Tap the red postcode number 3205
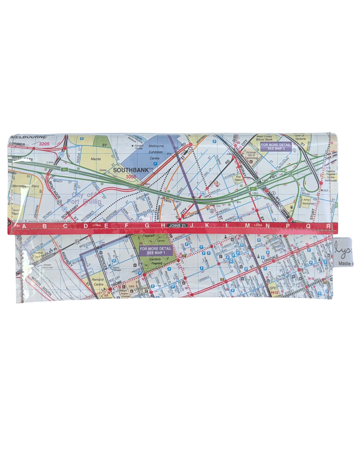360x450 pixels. (x=44, y=144)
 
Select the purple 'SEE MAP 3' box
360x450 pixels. (x=276, y=147)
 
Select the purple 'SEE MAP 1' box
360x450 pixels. (x=156, y=251)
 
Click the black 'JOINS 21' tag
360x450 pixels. (x=177, y=226)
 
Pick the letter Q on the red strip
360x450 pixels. (x=308, y=226)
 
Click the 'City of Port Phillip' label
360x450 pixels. (x=83, y=198)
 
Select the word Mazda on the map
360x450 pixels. (x=96, y=159)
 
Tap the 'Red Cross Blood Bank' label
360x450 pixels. (x=264, y=138)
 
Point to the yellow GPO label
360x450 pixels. (x=273, y=288)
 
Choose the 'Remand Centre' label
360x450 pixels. (x=98, y=282)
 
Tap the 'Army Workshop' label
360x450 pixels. (x=308, y=202)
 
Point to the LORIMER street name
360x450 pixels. (x=17, y=144)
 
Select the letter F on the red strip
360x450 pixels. (x=126, y=226)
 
